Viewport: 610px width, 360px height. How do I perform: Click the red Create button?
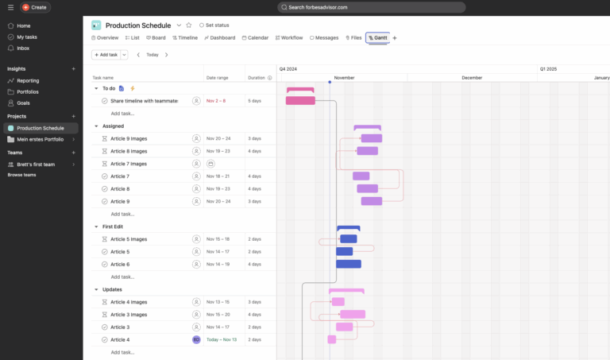click(x=34, y=7)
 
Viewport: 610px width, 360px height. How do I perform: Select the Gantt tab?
click(x=378, y=37)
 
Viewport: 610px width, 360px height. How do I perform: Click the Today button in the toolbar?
click(x=152, y=55)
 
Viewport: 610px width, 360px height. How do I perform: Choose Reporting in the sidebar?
click(x=28, y=80)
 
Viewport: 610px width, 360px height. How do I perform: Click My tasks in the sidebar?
click(x=27, y=37)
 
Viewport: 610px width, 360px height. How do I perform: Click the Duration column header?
click(x=257, y=78)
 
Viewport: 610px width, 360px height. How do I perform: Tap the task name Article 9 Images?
click(x=129, y=138)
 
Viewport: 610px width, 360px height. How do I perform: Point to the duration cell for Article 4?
click(x=254, y=339)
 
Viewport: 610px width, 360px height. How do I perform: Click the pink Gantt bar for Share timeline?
click(x=300, y=101)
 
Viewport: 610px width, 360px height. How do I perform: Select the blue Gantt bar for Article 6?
click(x=349, y=264)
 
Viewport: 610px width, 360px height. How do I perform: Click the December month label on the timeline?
click(x=472, y=78)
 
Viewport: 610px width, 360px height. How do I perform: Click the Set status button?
click(x=213, y=25)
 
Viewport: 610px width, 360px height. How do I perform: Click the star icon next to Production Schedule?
click(x=189, y=25)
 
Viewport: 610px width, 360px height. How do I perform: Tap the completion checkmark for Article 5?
click(x=104, y=252)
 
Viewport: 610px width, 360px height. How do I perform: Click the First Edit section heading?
click(x=113, y=226)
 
